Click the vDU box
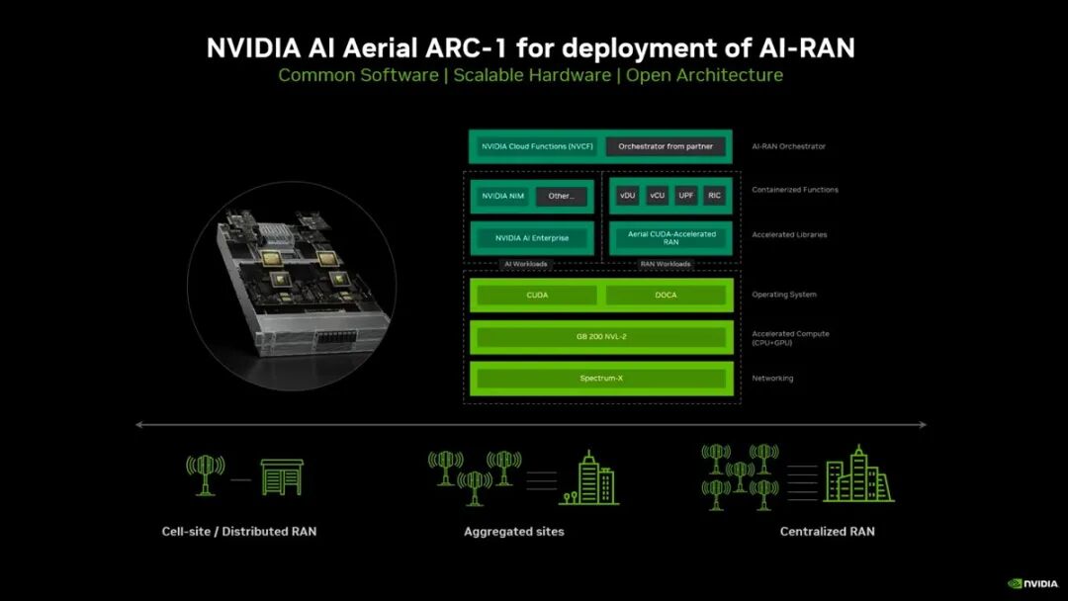627,196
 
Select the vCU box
657,196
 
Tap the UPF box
685,196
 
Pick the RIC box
714,196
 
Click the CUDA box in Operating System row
537,295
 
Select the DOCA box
666,295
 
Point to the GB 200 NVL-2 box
601,337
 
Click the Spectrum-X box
601,379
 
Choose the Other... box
561,196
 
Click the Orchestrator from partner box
665,146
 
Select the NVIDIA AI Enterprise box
532,238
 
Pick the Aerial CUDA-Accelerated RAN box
671,238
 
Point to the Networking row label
772,379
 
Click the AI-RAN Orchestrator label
788,146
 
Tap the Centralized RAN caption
827,532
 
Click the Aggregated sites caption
514,532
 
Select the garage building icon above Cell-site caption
282,476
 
